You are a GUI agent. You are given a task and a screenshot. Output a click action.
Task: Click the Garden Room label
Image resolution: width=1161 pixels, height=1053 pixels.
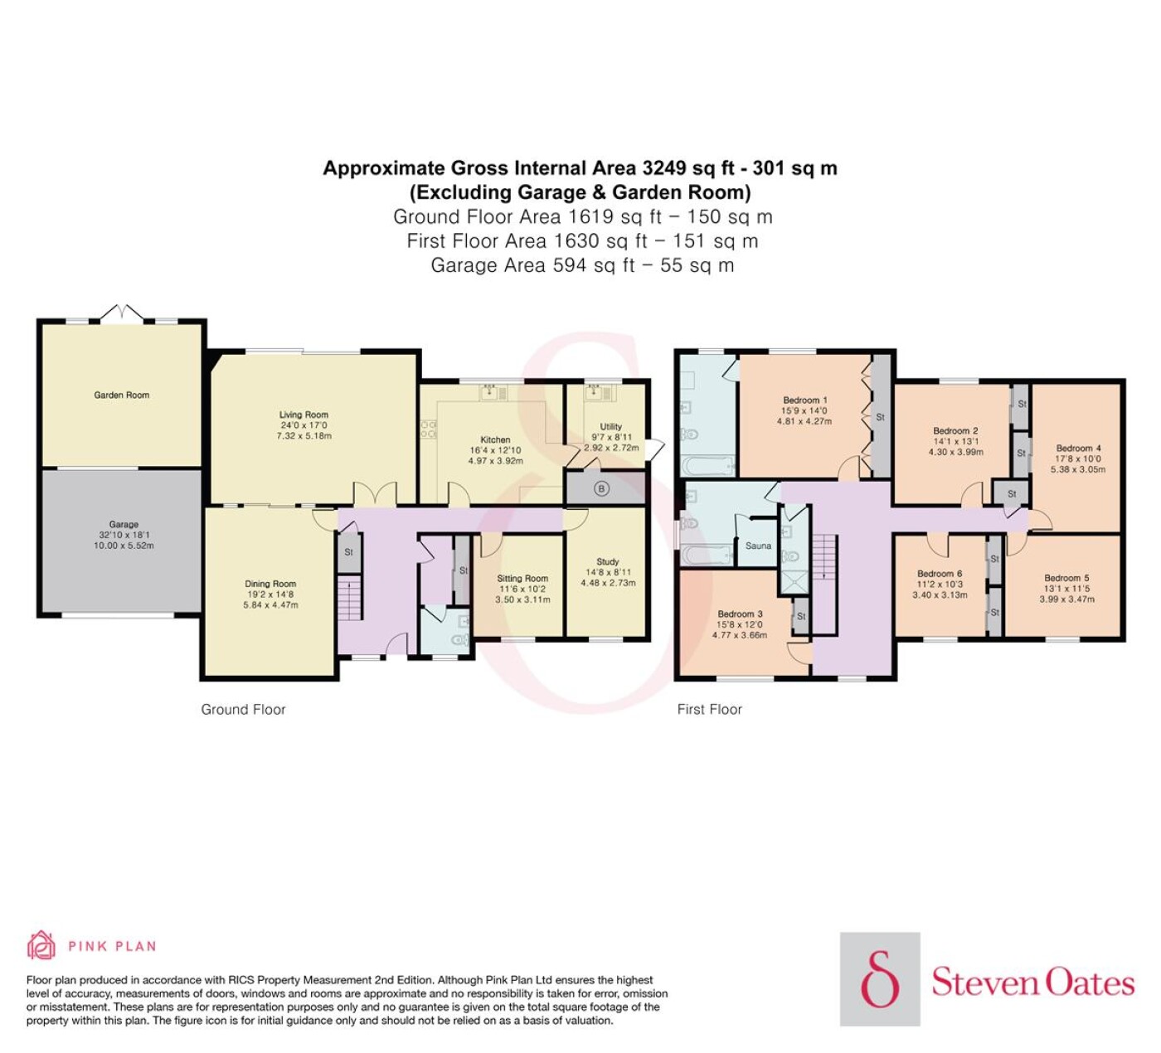122,395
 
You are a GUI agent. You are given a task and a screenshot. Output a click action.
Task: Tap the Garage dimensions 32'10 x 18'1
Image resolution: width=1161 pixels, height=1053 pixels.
124,535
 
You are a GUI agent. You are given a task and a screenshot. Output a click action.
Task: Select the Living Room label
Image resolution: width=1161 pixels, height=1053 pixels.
304,415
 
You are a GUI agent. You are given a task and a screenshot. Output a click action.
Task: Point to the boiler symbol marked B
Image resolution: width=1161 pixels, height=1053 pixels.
601,488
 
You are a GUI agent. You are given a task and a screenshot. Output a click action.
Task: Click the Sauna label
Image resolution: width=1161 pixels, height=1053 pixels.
758,546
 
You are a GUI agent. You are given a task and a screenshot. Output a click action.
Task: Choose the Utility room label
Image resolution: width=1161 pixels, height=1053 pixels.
610,427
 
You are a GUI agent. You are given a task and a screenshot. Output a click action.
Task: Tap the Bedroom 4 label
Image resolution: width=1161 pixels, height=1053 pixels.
1079,448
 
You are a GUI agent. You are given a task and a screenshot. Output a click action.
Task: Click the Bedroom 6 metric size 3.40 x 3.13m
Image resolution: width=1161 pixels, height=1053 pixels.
940,594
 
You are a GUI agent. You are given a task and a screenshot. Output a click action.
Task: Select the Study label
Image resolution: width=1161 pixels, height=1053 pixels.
608,561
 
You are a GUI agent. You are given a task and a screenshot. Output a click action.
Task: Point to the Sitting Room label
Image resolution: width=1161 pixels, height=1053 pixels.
522,578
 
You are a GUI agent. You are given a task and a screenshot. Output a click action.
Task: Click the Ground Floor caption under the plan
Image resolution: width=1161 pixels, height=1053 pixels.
243,709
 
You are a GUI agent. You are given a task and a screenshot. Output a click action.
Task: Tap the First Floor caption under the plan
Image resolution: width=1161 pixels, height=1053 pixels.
710,709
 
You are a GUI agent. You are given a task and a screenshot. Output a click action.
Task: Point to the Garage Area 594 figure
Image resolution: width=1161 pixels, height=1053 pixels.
570,265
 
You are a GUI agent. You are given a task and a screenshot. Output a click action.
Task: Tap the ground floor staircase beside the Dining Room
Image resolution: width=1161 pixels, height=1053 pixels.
350,599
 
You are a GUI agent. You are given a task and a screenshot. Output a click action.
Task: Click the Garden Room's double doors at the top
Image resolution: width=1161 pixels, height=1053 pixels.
122,312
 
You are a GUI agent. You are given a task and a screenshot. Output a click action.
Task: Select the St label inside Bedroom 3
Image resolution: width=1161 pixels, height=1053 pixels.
801,617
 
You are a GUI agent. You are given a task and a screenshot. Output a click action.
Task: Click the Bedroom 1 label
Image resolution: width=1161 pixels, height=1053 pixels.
805,400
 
